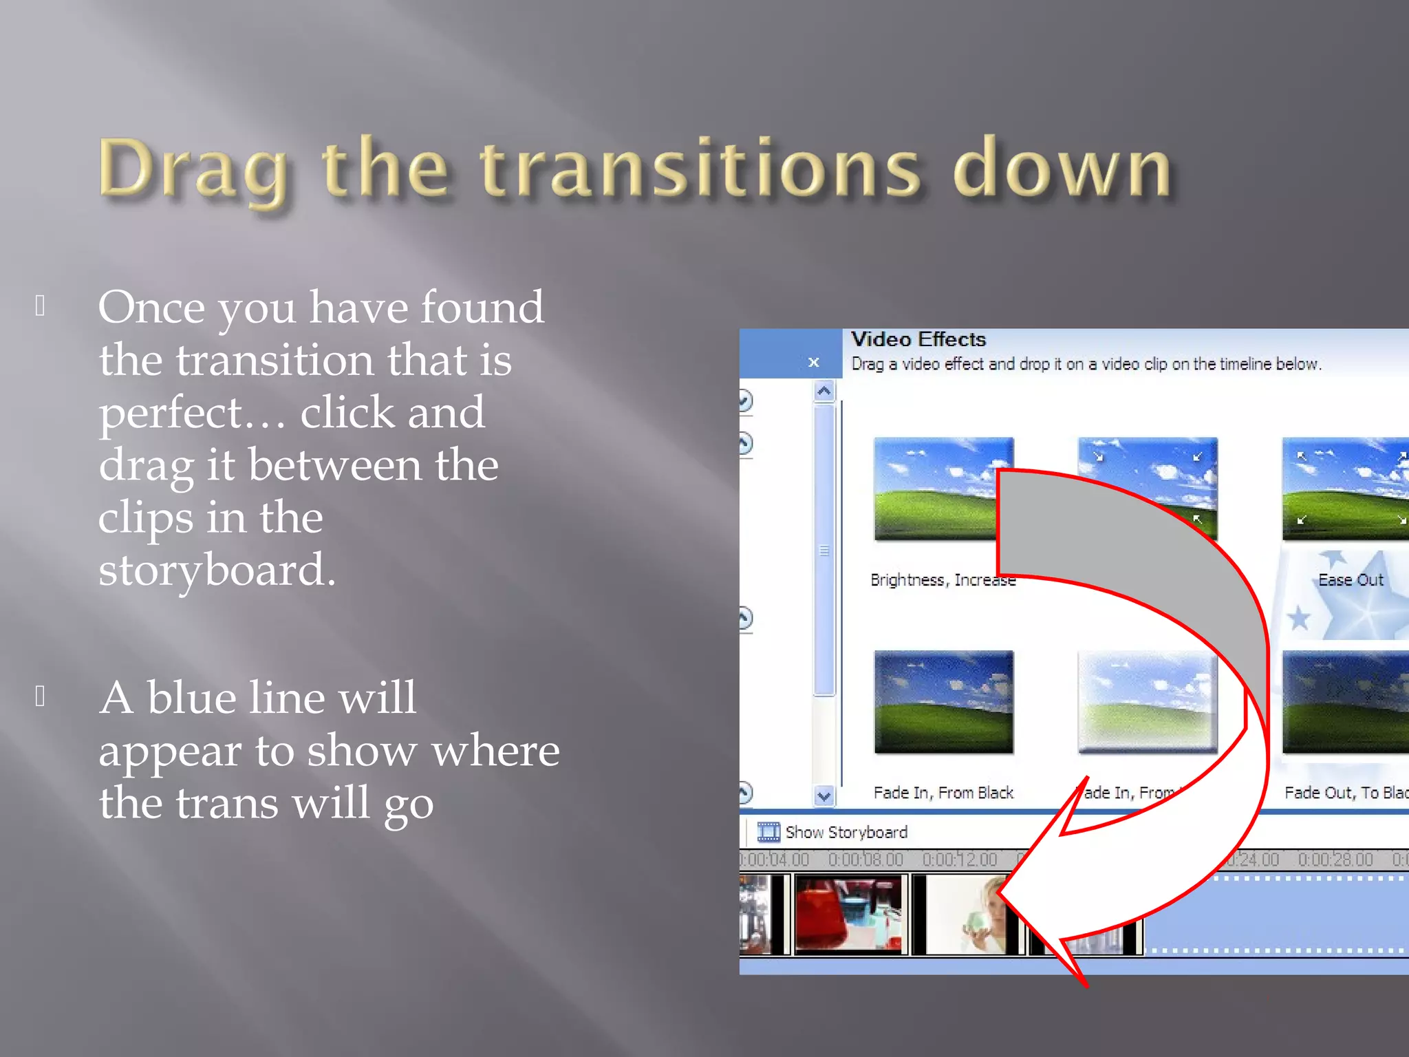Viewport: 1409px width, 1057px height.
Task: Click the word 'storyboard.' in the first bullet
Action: (217, 570)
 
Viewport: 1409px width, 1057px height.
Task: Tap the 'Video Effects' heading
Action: (918, 339)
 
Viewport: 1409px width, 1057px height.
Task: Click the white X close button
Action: (813, 362)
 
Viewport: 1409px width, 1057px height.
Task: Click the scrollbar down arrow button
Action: (824, 796)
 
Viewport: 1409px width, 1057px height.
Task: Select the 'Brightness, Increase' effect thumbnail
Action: (936, 489)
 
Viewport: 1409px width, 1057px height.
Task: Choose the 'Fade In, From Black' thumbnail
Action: (943, 702)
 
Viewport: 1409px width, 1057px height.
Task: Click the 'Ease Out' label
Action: (1350, 580)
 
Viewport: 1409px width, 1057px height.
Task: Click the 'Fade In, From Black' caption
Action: (943, 793)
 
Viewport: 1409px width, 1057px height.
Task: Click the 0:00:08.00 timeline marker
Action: (865, 860)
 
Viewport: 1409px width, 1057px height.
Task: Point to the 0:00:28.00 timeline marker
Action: (1335, 860)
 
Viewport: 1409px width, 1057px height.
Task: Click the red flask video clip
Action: (848, 915)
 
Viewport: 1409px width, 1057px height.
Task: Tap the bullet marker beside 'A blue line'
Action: (41, 696)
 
